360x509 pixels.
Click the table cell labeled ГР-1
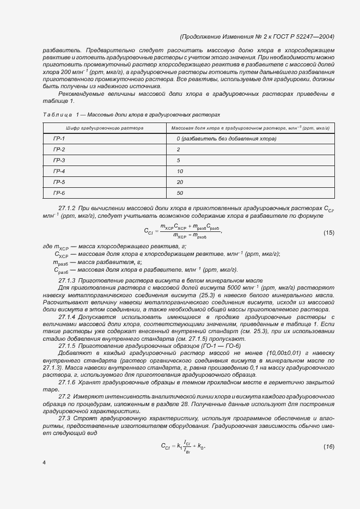click(59, 139)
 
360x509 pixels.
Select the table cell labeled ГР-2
click(59, 150)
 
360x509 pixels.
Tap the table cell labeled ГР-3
click(59, 161)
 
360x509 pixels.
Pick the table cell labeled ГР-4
click(59, 171)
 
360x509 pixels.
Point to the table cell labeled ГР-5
click(59, 182)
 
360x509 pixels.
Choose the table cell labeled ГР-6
click(59, 193)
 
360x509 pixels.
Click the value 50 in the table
click(180, 193)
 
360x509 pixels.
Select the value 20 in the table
click(180, 182)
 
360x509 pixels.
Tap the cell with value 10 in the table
click(180, 171)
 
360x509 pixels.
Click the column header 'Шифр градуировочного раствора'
click(105, 128)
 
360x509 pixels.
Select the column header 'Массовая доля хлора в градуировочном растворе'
click(250, 128)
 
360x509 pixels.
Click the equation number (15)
click(329, 232)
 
